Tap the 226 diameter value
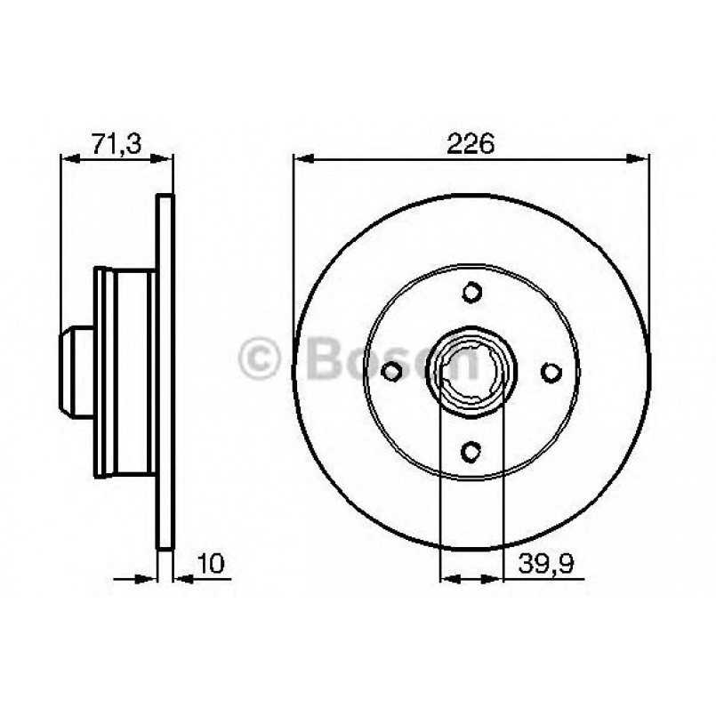click(471, 142)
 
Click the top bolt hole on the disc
click(471, 291)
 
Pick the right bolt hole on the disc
click(551, 371)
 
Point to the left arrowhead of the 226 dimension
click(302, 159)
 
